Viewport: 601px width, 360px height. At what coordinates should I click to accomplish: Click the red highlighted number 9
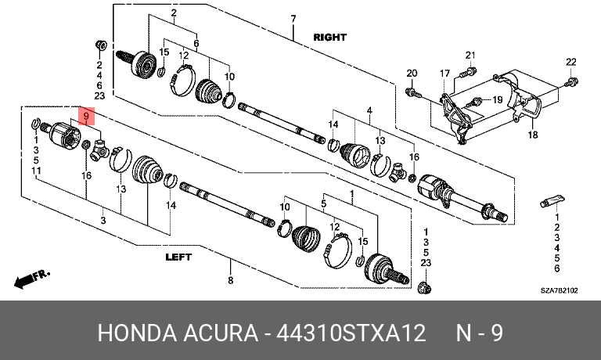[x=86, y=116]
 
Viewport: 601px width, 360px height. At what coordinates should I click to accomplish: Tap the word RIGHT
[x=329, y=38]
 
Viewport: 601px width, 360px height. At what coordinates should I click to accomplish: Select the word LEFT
[x=178, y=257]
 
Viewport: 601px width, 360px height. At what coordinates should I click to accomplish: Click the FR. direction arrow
[x=32, y=279]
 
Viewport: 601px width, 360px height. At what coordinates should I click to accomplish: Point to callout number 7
[x=293, y=19]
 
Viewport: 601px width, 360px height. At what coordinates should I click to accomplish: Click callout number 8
[x=230, y=280]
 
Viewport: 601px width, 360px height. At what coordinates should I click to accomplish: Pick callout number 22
[x=571, y=62]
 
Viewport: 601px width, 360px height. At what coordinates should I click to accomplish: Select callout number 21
[x=470, y=56]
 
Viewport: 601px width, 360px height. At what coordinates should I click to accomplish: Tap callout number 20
[x=412, y=74]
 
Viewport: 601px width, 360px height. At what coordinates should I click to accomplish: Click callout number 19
[x=497, y=99]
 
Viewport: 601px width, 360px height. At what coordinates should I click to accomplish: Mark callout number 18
[x=533, y=135]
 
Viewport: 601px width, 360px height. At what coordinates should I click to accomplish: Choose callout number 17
[x=444, y=74]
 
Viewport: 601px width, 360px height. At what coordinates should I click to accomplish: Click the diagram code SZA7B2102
[x=559, y=290]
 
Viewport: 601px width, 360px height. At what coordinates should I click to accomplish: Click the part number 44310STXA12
[x=351, y=333]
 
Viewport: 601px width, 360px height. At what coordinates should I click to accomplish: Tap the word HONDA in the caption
[x=137, y=333]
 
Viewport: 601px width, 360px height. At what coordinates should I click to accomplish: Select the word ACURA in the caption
[x=221, y=333]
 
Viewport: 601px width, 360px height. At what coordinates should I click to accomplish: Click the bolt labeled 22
[x=572, y=81]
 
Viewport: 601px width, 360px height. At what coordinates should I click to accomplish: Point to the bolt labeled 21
[x=470, y=71]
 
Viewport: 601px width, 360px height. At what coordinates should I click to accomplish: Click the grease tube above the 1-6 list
[x=552, y=200]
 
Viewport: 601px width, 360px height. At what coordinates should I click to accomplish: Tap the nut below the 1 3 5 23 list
[x=424, y=287]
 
